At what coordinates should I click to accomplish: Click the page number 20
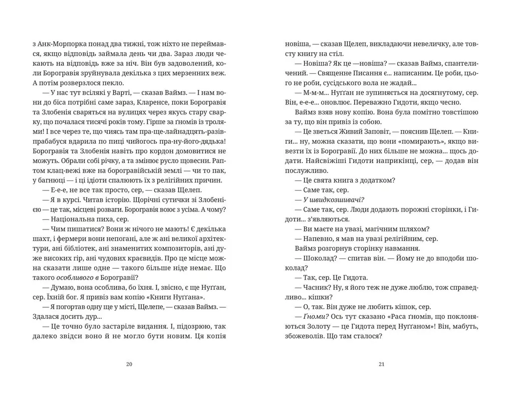pyautogui.click(x=129, y=364)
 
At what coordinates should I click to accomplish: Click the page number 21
pyautogui.click(x=382, y=364)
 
